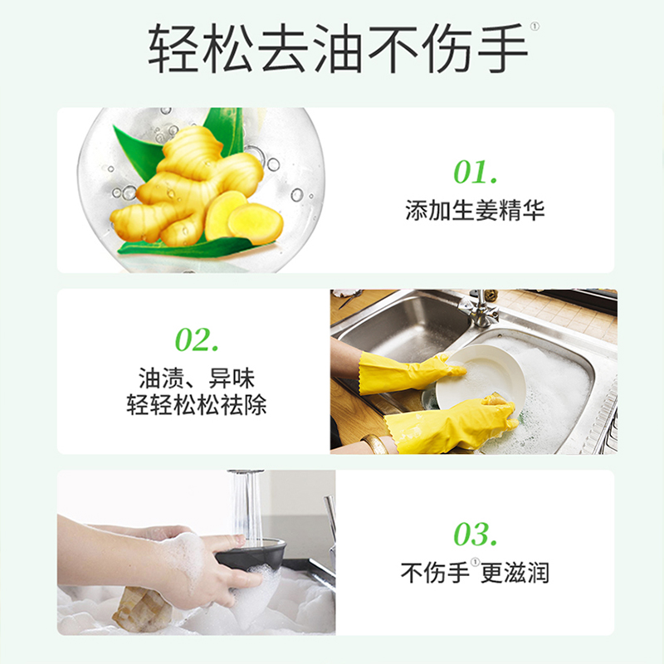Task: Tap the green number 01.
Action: coord(475,173)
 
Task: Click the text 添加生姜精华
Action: coord(475,210)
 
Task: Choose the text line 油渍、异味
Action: coord(197,380)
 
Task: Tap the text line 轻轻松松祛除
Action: coord(197,407)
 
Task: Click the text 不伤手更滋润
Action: coord(475,573)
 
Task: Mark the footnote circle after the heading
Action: coord(535,27)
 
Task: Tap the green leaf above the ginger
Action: coord(222,133)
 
